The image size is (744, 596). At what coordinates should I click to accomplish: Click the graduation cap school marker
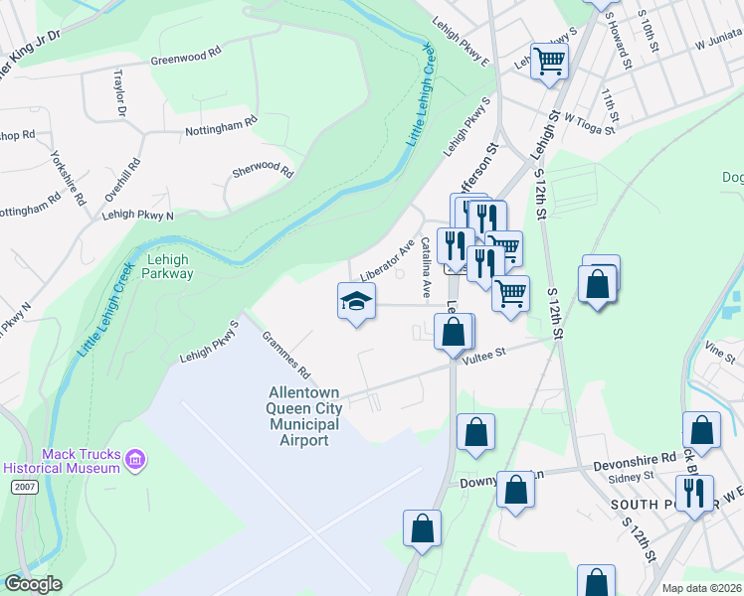[x=356, y=300]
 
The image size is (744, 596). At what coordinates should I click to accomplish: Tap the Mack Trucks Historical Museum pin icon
[x=135, y=460]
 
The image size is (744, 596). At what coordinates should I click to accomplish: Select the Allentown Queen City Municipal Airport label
[x=304, y=416]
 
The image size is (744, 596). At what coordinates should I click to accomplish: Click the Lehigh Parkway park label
[x=167, y=265]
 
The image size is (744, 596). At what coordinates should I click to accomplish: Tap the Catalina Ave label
[x=426, y=267]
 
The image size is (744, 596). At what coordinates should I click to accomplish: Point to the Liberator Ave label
[x=387, y=260]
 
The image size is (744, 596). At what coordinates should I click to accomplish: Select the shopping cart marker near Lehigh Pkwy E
[x=549, y=62]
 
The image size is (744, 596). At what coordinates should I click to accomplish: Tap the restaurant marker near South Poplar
[x=694, y=492]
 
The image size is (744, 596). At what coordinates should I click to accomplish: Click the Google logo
[x=33, y=584]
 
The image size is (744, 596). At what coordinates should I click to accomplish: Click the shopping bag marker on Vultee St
[x=454, y=332]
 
